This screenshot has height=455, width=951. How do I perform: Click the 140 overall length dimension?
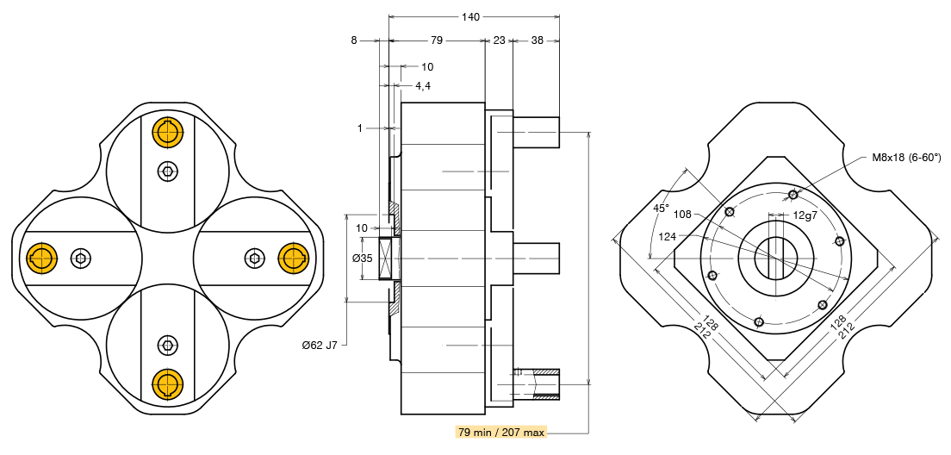[x=470, y=17]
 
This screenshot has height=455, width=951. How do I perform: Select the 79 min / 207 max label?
[x=501, y=432]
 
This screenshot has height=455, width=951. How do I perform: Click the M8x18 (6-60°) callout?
[x=907, y=158]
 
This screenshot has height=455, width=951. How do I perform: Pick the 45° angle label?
[x=661, y=208]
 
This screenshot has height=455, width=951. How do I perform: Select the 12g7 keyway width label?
[x=805, y=215]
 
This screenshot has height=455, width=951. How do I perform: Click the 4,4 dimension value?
[x=423, y=85]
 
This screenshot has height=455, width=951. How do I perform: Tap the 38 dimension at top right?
[x=537, y=41]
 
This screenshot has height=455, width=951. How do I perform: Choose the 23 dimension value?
[x=500, y=41]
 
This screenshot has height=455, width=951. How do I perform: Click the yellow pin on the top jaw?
[x=168, y=133]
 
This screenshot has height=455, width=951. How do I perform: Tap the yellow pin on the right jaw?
[x=294, y=258]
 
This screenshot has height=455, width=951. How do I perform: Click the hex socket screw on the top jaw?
[x=168, y=171]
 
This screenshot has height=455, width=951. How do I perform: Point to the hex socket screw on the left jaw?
[x=81, y=258]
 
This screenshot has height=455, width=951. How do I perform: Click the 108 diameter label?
[x=682, y=215]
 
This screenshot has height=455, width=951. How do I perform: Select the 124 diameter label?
[x=668, y=236]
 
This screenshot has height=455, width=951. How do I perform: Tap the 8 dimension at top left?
[x=354, y=41]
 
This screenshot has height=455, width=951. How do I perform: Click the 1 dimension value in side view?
[x=360, y=128]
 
